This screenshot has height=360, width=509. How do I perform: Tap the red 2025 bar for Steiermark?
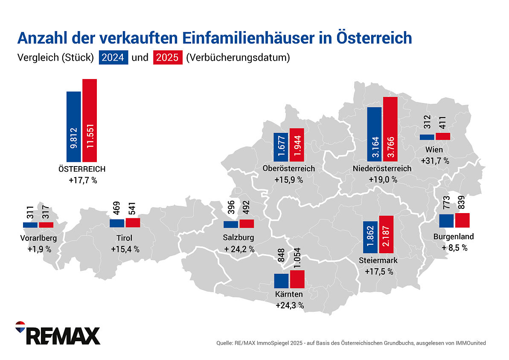(x=386, y=234)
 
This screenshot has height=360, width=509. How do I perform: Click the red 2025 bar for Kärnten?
(x=297, y=279)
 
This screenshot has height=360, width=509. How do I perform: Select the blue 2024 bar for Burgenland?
(x=446, y=221)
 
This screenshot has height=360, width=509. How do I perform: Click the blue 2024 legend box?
(x=113, y=58)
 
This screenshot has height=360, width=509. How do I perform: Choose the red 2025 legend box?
(x=167, y=58)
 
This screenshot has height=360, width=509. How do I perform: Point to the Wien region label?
(x=434, y=150)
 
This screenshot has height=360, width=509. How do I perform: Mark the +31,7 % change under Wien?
(x=435, y=161)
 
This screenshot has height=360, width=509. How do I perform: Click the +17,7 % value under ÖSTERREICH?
(x=83, y=180)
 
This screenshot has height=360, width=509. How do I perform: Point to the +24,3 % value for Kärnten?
(x=290, y=305)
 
